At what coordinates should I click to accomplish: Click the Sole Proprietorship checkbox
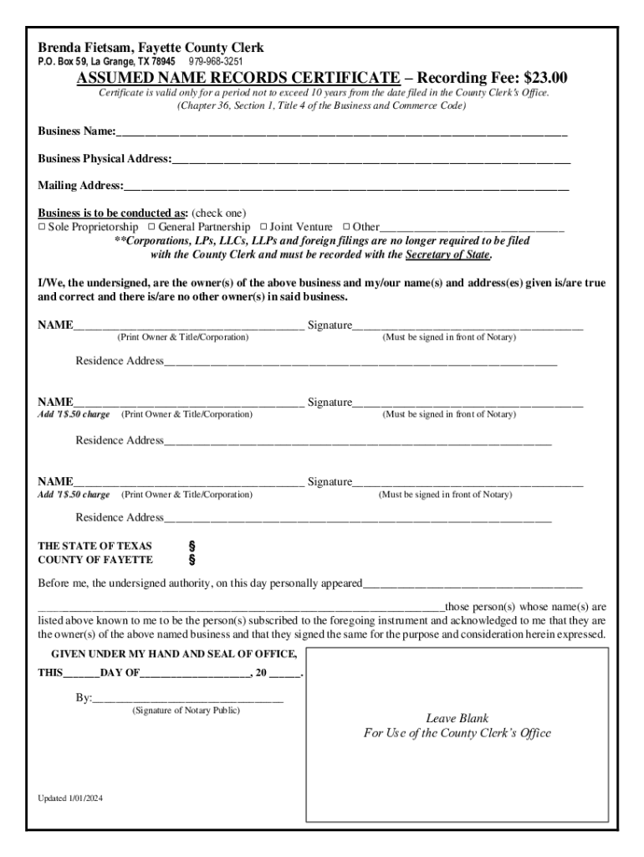[42, 227]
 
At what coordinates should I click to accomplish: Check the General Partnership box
[152, 227]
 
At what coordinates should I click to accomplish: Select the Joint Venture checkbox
[263, 227]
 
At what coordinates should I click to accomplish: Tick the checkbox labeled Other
[346, 227]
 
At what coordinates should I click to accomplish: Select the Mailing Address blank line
[346, 186]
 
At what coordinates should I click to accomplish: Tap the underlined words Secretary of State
[447, 254]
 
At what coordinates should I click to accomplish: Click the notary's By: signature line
[188, 697]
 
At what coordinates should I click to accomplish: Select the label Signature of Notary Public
[186, 711]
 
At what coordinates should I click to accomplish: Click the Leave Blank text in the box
[457, 718]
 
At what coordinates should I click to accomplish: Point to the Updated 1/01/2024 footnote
[70, 798]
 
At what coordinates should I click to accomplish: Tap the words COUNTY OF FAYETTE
[95, 560]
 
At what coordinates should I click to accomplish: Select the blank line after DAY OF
[194, 674]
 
